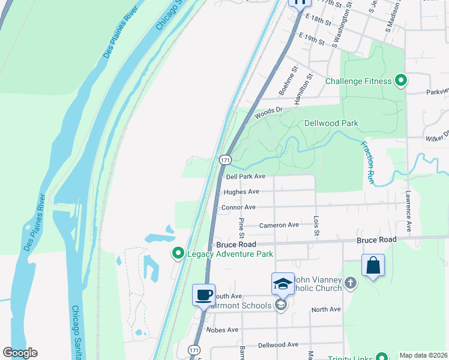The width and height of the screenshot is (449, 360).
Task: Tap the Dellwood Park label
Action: [x=331, y=124]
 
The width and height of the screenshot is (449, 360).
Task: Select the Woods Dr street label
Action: [x=268, y=112]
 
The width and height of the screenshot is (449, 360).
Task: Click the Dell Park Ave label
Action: [x=246, y=176]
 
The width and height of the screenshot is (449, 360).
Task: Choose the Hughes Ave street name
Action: [x=241, y=192]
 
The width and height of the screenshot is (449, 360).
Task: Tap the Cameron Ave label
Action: [x=279, y=225]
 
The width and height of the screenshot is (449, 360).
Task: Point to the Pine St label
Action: [x=242, y=227]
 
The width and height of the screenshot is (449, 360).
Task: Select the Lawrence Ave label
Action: [x=408, y=212]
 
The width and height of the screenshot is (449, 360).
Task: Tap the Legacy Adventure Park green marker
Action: [x=178, y=254]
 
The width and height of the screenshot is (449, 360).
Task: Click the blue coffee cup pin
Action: [x=203, y=295]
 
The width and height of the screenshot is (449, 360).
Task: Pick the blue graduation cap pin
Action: [x=283, y=283]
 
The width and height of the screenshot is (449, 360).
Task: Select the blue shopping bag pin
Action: [x=373, y=265]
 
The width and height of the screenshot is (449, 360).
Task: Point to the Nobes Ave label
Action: [x=222, y=330]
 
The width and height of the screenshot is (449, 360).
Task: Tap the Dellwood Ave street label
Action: [x=278, y=345]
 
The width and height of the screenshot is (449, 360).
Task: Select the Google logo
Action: [x=20, y=353]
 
